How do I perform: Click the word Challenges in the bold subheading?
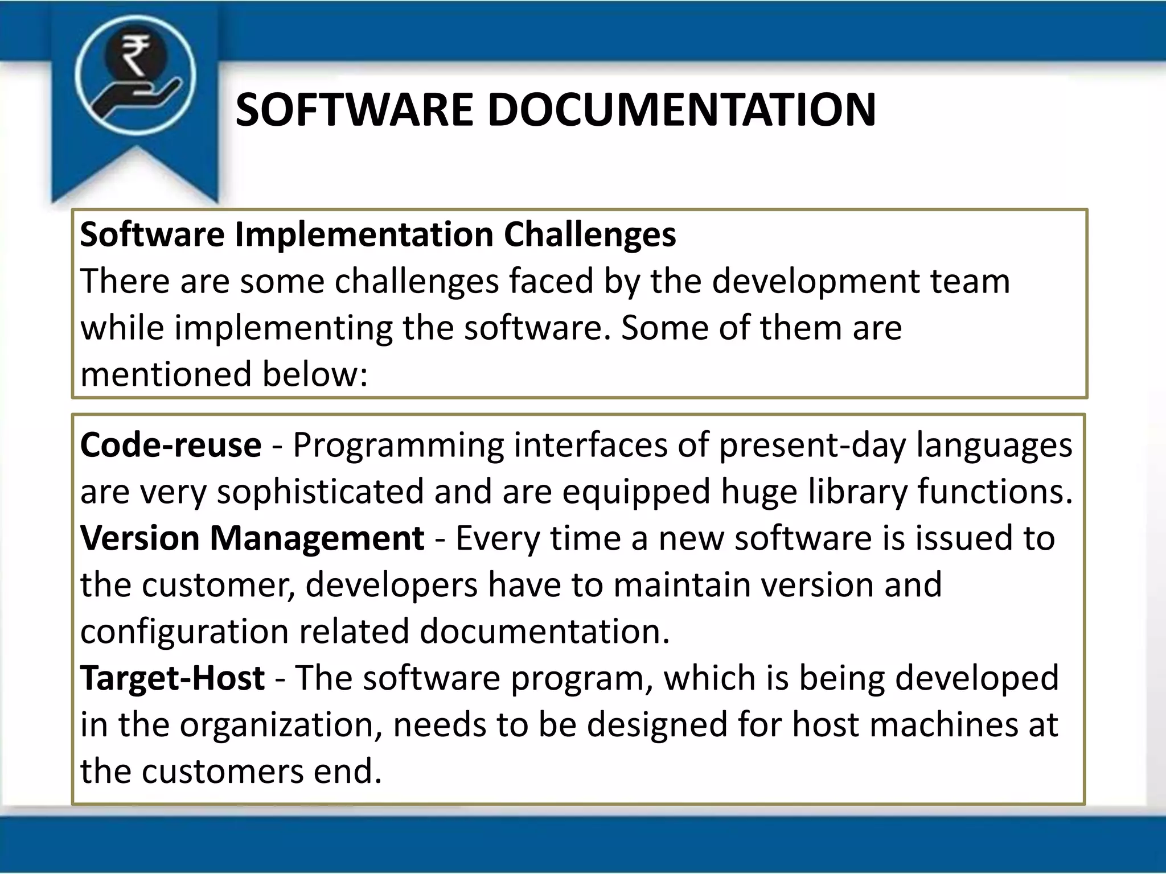click(590, 234)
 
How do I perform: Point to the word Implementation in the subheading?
click(364, 234)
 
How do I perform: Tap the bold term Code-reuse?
click(171, 445)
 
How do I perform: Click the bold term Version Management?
click(252, 538)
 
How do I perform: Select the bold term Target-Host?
click(173, 678)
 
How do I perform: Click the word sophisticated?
click(321, 492)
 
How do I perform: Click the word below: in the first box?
click(315, 374)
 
